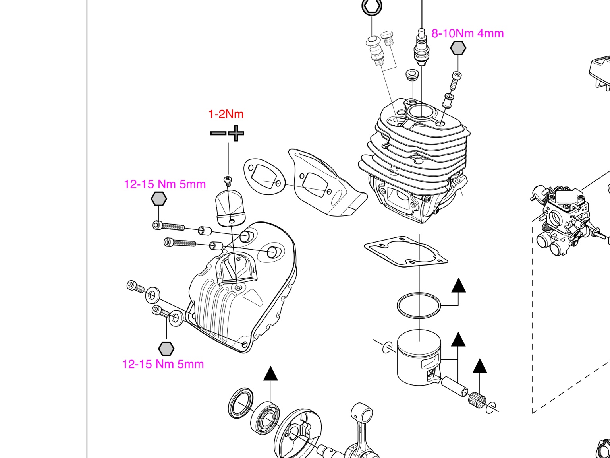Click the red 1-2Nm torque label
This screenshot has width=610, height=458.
point(226,114)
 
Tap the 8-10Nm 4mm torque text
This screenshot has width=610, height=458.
point(467,33)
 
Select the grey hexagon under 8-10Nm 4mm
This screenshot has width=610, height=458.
point(458,48)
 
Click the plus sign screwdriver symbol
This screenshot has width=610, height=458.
point(236,133)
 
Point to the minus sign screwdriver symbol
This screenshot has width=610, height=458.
point(218,133)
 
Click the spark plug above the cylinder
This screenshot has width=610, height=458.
point(422,47)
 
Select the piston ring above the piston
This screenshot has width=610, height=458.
point(419,305)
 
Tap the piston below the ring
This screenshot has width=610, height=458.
point(419,357)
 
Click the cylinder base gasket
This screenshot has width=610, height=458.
point(406,251)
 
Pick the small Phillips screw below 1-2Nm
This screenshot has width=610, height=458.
point(228,181)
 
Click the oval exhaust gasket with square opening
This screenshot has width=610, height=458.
point(264,177)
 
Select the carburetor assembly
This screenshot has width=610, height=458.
point(567,220)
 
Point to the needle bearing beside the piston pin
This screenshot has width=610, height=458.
point(477,400)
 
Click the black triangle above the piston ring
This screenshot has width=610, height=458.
point(459,285)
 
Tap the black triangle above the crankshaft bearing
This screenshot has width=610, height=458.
point(270,373)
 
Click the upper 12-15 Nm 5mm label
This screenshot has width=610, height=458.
point(165,184)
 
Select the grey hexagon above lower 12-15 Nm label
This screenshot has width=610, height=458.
point(166,349)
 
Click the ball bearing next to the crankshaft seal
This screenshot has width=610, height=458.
point(265,418)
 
